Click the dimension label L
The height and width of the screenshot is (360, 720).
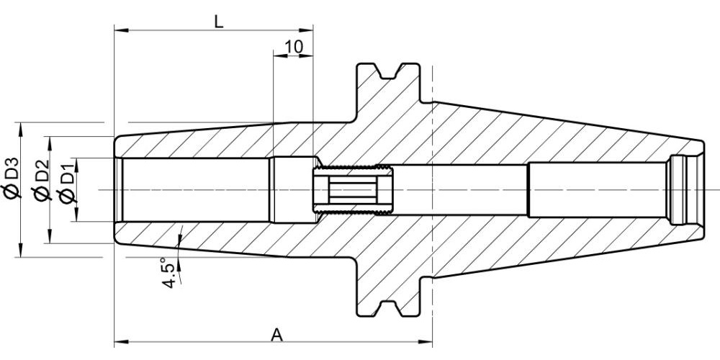coord(219,21)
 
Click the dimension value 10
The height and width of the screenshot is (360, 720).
coord(294,46)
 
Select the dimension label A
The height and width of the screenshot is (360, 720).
coord(276,335)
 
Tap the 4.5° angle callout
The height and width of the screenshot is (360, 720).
coord(170,274)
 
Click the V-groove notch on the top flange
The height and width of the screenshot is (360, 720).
coord(388,71)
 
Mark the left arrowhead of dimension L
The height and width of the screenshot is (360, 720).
coord(120,30)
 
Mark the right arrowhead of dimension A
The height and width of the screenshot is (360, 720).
coord(426,341)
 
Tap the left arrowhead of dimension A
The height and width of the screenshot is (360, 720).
coord(120,341)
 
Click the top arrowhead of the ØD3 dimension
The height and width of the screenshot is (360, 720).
coord(20,129)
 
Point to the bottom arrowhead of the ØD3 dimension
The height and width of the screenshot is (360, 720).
coord(20,251)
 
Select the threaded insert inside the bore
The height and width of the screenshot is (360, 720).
coord(353,189)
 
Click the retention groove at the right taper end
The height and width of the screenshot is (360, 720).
coord(680,189)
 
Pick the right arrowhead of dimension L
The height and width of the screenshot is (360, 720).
coord(307,30)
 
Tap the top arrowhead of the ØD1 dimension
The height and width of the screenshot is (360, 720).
coord(76,165)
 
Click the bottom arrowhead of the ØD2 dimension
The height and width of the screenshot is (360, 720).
coord(50,237)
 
